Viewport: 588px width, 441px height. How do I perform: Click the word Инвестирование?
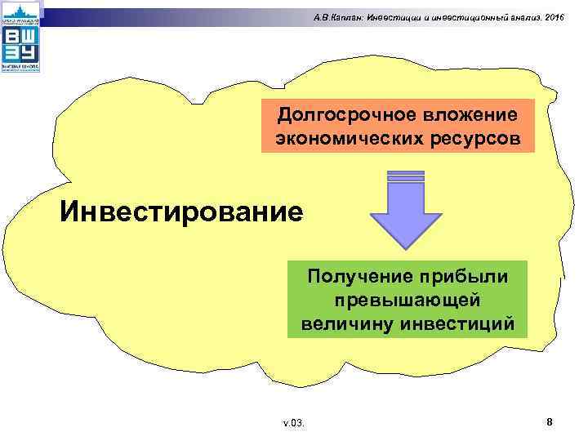[x=181, y=212]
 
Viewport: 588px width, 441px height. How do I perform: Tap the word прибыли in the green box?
[x=469, y=276]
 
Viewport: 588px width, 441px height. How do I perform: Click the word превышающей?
[x=407, y=300]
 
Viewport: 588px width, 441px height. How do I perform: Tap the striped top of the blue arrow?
[x=406, y=177]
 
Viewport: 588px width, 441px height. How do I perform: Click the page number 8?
[x=550, y=421]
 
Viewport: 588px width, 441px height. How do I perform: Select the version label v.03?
[x=293, y=423]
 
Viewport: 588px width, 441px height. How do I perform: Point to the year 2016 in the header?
[x=552, y=17]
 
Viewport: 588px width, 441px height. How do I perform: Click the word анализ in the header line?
[x=523, y=17]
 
